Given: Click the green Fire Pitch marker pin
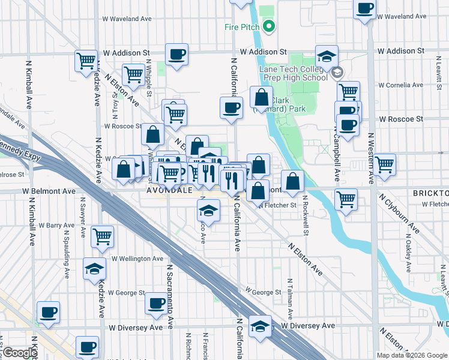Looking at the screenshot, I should point(268,26).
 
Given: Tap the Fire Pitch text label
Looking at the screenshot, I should point(242,26).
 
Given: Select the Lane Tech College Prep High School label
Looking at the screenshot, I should point(294,73).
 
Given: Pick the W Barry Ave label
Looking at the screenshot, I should point(57,225).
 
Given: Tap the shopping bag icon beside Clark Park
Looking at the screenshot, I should point(262,96).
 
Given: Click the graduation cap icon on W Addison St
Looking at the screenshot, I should point(327,56).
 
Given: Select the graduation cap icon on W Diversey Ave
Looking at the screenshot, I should point(260,326).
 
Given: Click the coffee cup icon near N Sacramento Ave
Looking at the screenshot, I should point(157,303).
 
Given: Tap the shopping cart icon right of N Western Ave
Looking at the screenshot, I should point(384,163).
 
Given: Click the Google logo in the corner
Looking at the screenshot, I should point(20,353).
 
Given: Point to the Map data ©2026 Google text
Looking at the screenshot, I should point(411,355).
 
